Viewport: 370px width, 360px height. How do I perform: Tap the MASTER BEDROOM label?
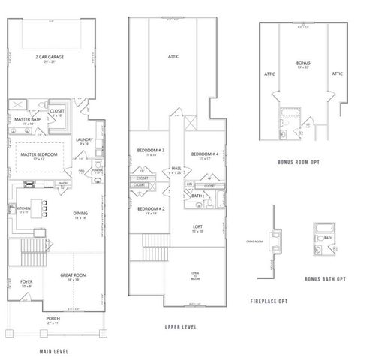(x=38, y=154)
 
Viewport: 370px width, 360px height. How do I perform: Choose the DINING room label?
(x=80, y=214)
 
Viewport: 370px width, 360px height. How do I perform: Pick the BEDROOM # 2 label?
(x=147, y=208)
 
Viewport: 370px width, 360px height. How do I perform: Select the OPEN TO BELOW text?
(x=195, y=274)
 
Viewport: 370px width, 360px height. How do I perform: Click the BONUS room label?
(x=303, y=63)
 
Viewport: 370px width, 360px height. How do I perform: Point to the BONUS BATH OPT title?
(x=325, y=279)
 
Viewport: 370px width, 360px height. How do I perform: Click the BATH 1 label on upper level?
(x=197, y=196)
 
